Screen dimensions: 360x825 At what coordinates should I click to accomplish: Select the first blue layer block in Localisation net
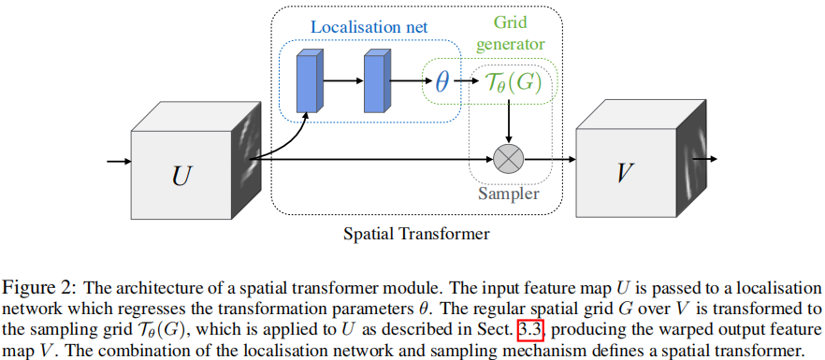pos(307,80)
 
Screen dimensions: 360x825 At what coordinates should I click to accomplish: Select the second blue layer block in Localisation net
pos(375,80)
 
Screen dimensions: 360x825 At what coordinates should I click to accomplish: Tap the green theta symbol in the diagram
pos(442,81)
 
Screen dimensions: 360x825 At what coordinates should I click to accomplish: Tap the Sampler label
pos(508,194)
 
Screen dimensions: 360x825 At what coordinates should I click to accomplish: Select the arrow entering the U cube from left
pos(119,162)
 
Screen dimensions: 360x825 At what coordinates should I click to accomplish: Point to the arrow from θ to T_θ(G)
pos(464,81)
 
